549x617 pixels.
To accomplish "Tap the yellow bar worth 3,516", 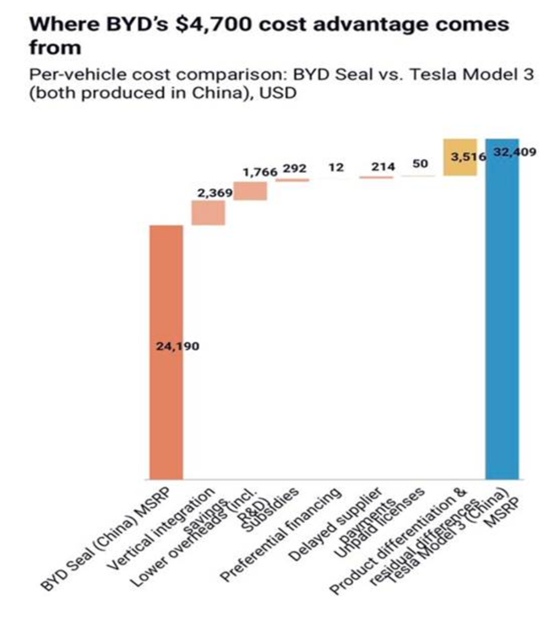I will pyautogui.click(x=460, y=158).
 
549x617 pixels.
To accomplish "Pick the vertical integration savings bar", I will pyautogui.click(x=208, y=213).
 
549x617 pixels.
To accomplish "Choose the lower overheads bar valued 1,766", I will pyautogui.click(x=250, y=191).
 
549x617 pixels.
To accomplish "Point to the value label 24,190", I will pyautogui.click(x=177, y=347).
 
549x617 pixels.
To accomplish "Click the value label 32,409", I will pyautogui.click(x=514, y=153).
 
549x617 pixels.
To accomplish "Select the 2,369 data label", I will pyautogui.click(x=215, y=193).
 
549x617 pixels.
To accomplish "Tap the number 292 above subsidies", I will pyautogui.click(x=295, y=168).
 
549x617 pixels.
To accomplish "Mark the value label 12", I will pyautogui.click(x=336, y=167).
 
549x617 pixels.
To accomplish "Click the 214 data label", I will pyautogui.click(x=383, y=167).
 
